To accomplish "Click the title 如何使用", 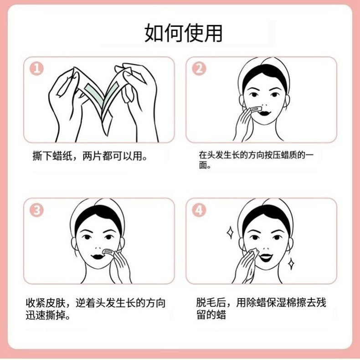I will [183, 34].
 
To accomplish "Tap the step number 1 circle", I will [36, 68].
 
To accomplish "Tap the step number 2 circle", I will [199, 68].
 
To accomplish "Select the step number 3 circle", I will [36, 210].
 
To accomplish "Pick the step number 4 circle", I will [199, 210].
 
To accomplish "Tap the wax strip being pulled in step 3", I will [108, 251].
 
